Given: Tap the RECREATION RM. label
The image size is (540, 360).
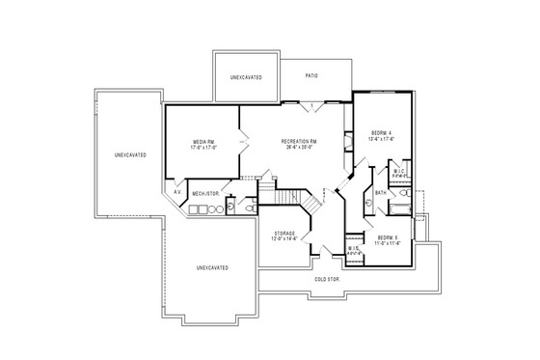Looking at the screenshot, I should [300, 142].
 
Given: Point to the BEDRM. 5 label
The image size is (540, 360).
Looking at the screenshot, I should [388, 236].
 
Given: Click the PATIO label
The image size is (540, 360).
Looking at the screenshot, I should [311, 75].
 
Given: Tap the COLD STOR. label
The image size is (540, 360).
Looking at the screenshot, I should [327, 280].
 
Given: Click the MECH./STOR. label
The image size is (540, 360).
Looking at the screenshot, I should [205, 193].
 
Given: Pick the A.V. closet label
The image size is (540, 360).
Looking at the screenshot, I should [177, 192].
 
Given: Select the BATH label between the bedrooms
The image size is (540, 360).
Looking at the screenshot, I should [380, 193].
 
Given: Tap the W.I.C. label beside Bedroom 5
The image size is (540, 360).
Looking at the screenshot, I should [354, 248].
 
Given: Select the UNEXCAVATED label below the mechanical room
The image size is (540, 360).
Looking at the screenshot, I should [212, 266].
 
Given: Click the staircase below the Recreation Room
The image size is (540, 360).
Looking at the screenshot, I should [294, 198].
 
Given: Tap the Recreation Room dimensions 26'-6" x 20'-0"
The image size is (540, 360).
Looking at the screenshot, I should [300, 149].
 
